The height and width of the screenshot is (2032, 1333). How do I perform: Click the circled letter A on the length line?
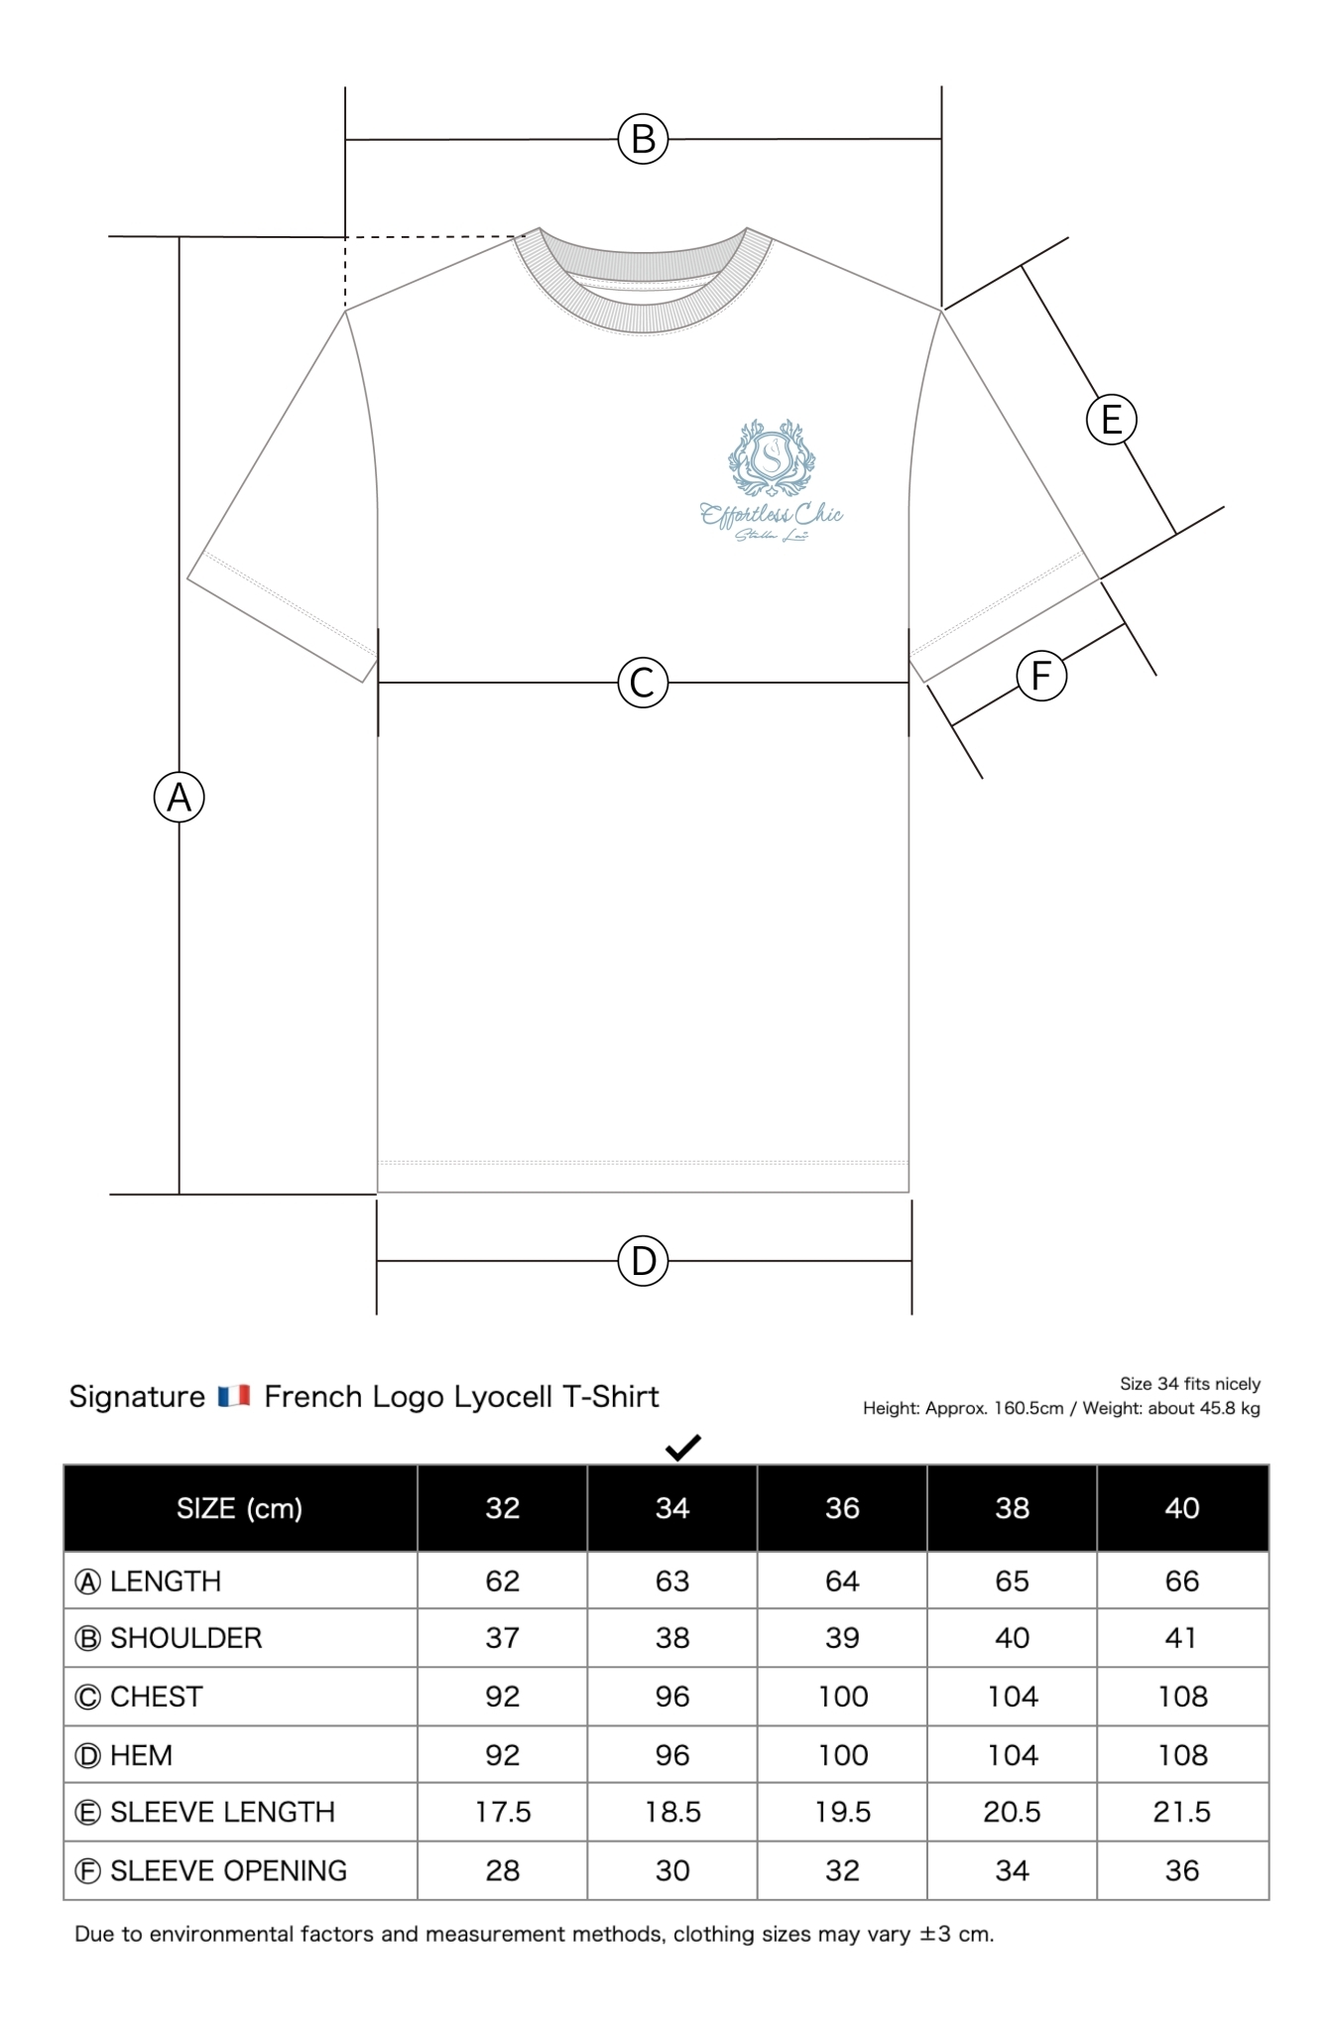[x=180, y=798]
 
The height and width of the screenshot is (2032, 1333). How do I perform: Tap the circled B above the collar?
[x=643, y=139]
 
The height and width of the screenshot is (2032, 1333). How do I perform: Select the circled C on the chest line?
[x=643, y=683]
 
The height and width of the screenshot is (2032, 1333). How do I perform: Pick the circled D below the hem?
[x=643, y=1261]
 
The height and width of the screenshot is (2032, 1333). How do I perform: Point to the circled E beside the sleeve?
[x=1111, y=420]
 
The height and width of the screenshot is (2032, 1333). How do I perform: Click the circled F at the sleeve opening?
[x=1041, y=677]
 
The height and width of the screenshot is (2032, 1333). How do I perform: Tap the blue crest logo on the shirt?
[x=772, y=458]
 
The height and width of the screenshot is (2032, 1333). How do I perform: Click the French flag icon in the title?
[x=234, y=1397]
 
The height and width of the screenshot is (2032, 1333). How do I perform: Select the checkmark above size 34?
[x=683, y=1448]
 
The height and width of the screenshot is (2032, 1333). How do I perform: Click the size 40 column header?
[x=1181, y=1508]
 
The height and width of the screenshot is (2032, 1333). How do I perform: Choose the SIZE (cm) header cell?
[x=239, y=1508]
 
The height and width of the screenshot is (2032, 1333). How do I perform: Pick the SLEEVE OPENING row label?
[x=228, y=1871]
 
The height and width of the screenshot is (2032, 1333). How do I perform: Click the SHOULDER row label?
[x=185, y=1638]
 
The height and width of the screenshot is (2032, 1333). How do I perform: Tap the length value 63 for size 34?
[x=672, y=1582]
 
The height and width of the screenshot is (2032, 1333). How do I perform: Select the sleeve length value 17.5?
[x=503, y=1813]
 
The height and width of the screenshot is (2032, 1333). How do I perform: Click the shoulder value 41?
[x=1181, y=1638]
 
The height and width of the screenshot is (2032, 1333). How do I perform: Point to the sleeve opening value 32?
[x=842, y=1871]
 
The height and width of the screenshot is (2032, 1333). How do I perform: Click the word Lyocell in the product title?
[x=503, y=1397]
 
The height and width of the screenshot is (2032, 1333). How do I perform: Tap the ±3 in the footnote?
[x=935, y=1934]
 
